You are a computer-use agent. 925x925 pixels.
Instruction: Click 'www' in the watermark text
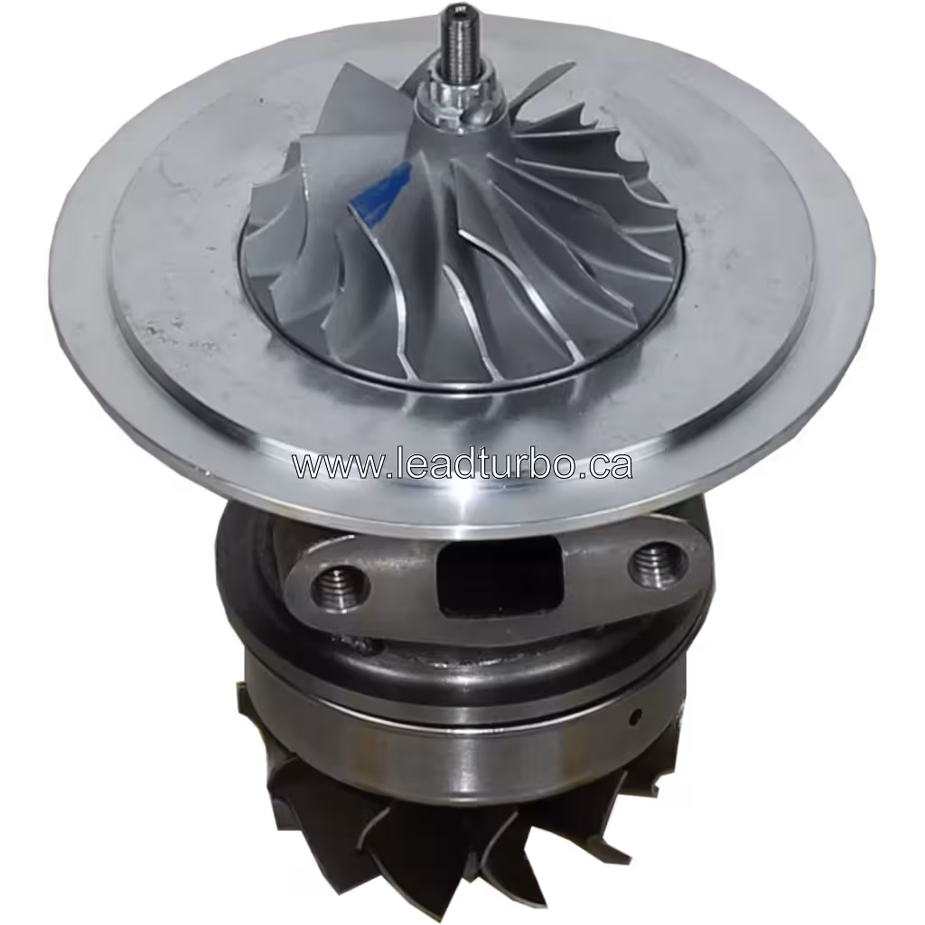click(x=325, y=466)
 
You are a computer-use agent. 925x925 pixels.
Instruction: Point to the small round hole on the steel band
click(x=637, y=718)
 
